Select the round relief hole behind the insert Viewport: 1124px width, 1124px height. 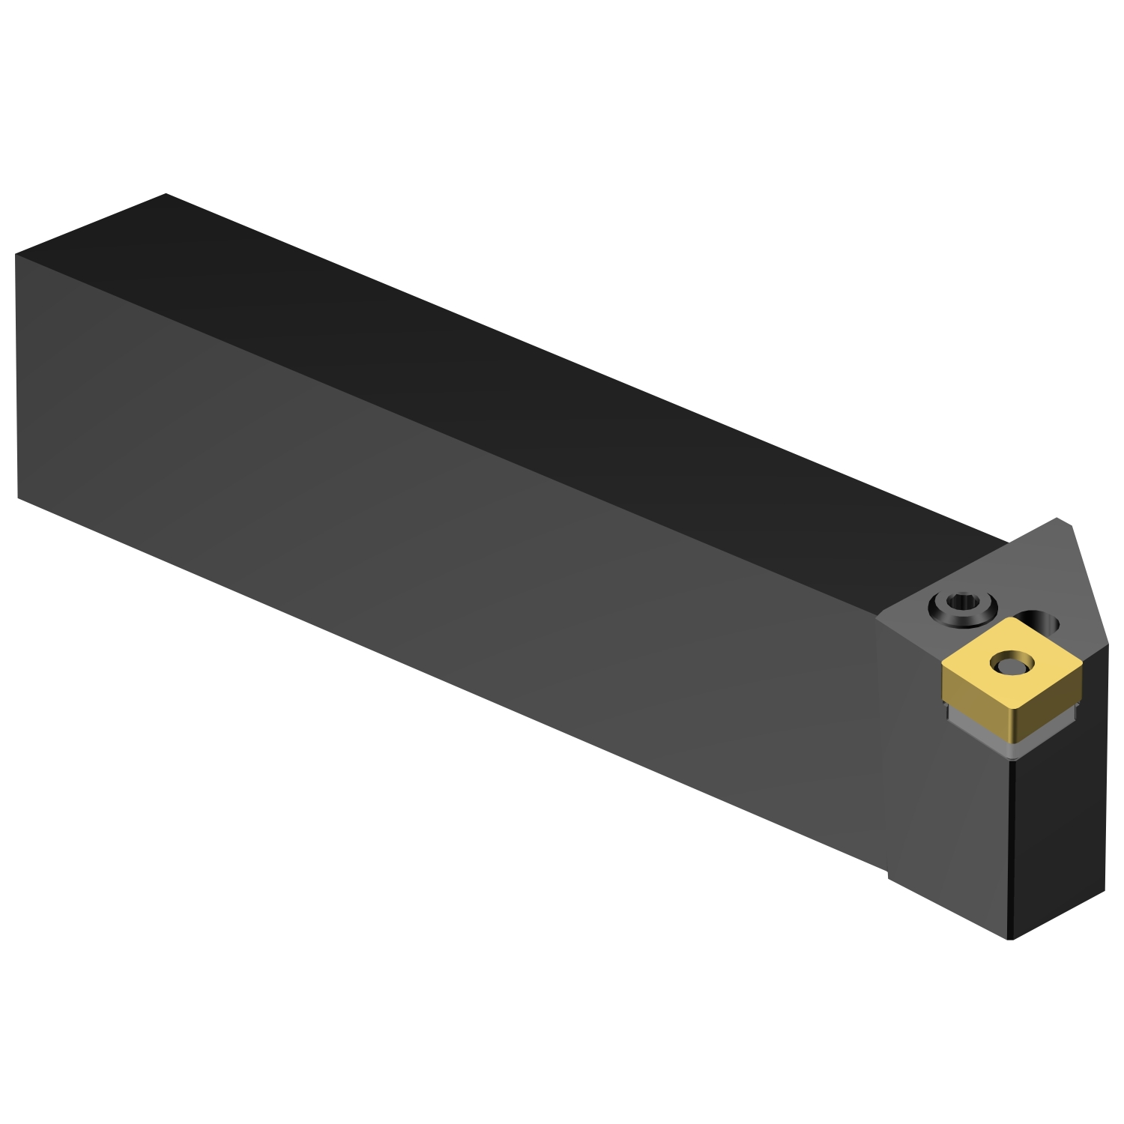(x=1043, y=621)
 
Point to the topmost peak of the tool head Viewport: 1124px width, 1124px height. (x=1057, y=519)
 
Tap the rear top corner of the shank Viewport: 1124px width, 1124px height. (x=166, y=194)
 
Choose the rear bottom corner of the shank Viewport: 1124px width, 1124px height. (x=17, y=497)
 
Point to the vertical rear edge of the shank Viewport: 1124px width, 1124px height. (x=16, y=375)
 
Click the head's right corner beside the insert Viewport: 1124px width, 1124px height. (x=1107, y=643)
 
